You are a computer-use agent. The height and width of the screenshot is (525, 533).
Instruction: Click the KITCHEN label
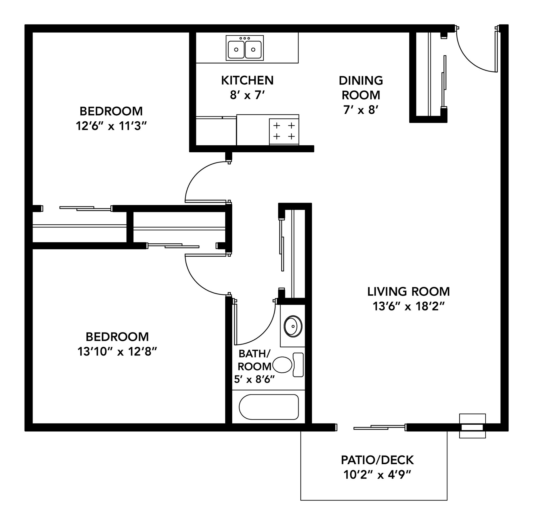click(x=247, y=80)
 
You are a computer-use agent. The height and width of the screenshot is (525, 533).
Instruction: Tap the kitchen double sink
click(x=244, y=48)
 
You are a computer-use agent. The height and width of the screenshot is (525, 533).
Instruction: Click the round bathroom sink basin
click(x=293, y=326)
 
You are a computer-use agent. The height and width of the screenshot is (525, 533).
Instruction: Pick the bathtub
click(x=269, y=407)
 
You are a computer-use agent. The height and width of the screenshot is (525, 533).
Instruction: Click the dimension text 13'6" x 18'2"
click(x=409, y=306)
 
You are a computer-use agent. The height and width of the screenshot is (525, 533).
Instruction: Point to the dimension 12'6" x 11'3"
click(x=111, y=126)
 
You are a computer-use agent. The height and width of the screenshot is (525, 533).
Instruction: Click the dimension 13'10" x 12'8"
click(x=117, y=352)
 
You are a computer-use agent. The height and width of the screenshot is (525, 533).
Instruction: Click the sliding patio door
click(x=379, y=427)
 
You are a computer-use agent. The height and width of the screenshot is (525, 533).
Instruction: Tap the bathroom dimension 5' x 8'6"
click(x=254, y=380)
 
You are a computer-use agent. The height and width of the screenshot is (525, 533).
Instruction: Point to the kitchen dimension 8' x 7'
click(x=247, y=95)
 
